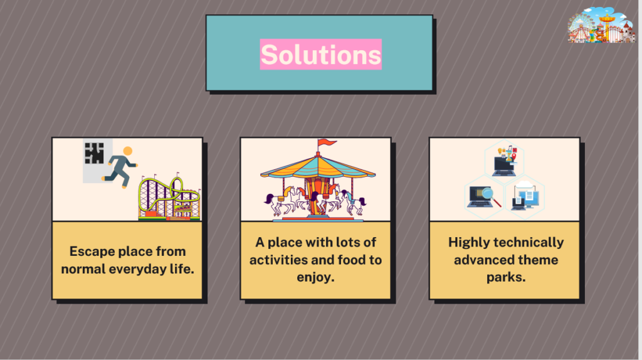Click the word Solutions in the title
[320, 55]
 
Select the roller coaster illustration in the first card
[169, 199]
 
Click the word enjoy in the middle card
[315, 277]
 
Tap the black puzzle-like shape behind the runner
[94, 153]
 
